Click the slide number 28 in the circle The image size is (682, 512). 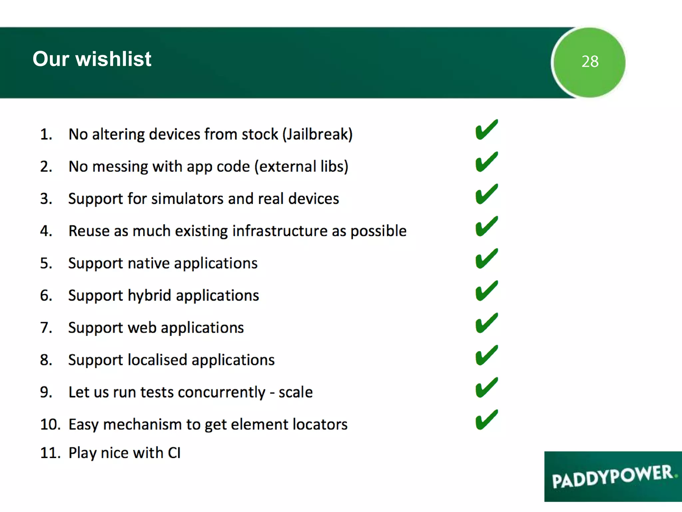coord(590,62)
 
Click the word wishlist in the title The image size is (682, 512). coord(113,59)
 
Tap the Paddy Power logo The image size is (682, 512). coord(613,477)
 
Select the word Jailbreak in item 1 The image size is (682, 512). coord(317,134)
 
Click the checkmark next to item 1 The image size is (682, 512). coord(486,130)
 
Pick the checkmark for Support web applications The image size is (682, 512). coord(486,323)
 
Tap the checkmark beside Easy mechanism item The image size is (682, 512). coord(486,420)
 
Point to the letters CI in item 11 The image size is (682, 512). coord(174,453)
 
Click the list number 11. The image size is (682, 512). coord(50,453)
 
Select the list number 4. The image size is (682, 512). coord(46,231)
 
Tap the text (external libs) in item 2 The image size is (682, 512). coord(301,167)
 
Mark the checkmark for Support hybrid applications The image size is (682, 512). coord(486,291)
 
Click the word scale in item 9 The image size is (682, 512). coord(295,392)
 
